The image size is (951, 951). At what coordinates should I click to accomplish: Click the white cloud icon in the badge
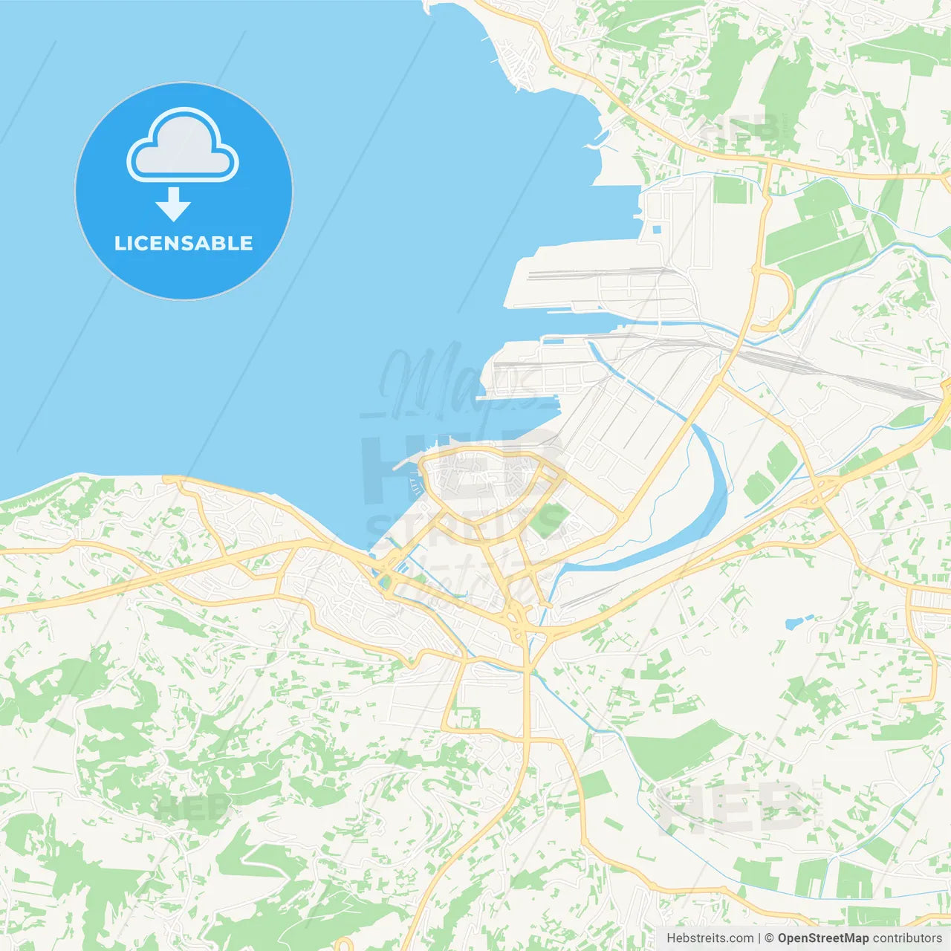pos(183,146)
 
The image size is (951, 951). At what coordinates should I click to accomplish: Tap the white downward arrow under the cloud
pos(173,204)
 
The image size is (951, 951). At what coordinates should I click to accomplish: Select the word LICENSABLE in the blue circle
pos(184,243)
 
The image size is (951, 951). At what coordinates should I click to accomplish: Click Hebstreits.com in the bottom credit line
pos(710,938)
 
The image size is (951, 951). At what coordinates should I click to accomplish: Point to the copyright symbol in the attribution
pos(770,938)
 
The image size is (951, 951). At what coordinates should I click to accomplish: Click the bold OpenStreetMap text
pos(823,938)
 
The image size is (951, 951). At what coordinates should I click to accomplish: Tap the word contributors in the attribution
pos(907,938)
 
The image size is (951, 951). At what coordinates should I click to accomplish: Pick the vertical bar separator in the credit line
pos(760,938)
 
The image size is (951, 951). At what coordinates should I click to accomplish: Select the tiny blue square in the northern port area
pos(656,229)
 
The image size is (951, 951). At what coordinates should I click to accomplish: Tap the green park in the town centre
pos(548,520)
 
